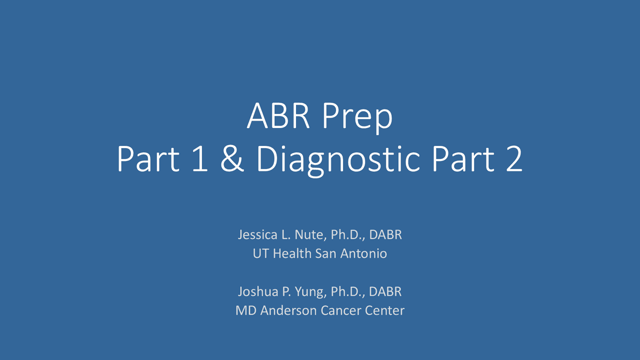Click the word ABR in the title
click(278, 116)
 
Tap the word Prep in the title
click(357, 117)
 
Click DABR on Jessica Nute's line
click(385, 234)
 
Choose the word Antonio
click(363, 253)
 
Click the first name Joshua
click(257, 291)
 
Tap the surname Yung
click(310, 291)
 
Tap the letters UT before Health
click(260, 253)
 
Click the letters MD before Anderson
click(244, 310)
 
